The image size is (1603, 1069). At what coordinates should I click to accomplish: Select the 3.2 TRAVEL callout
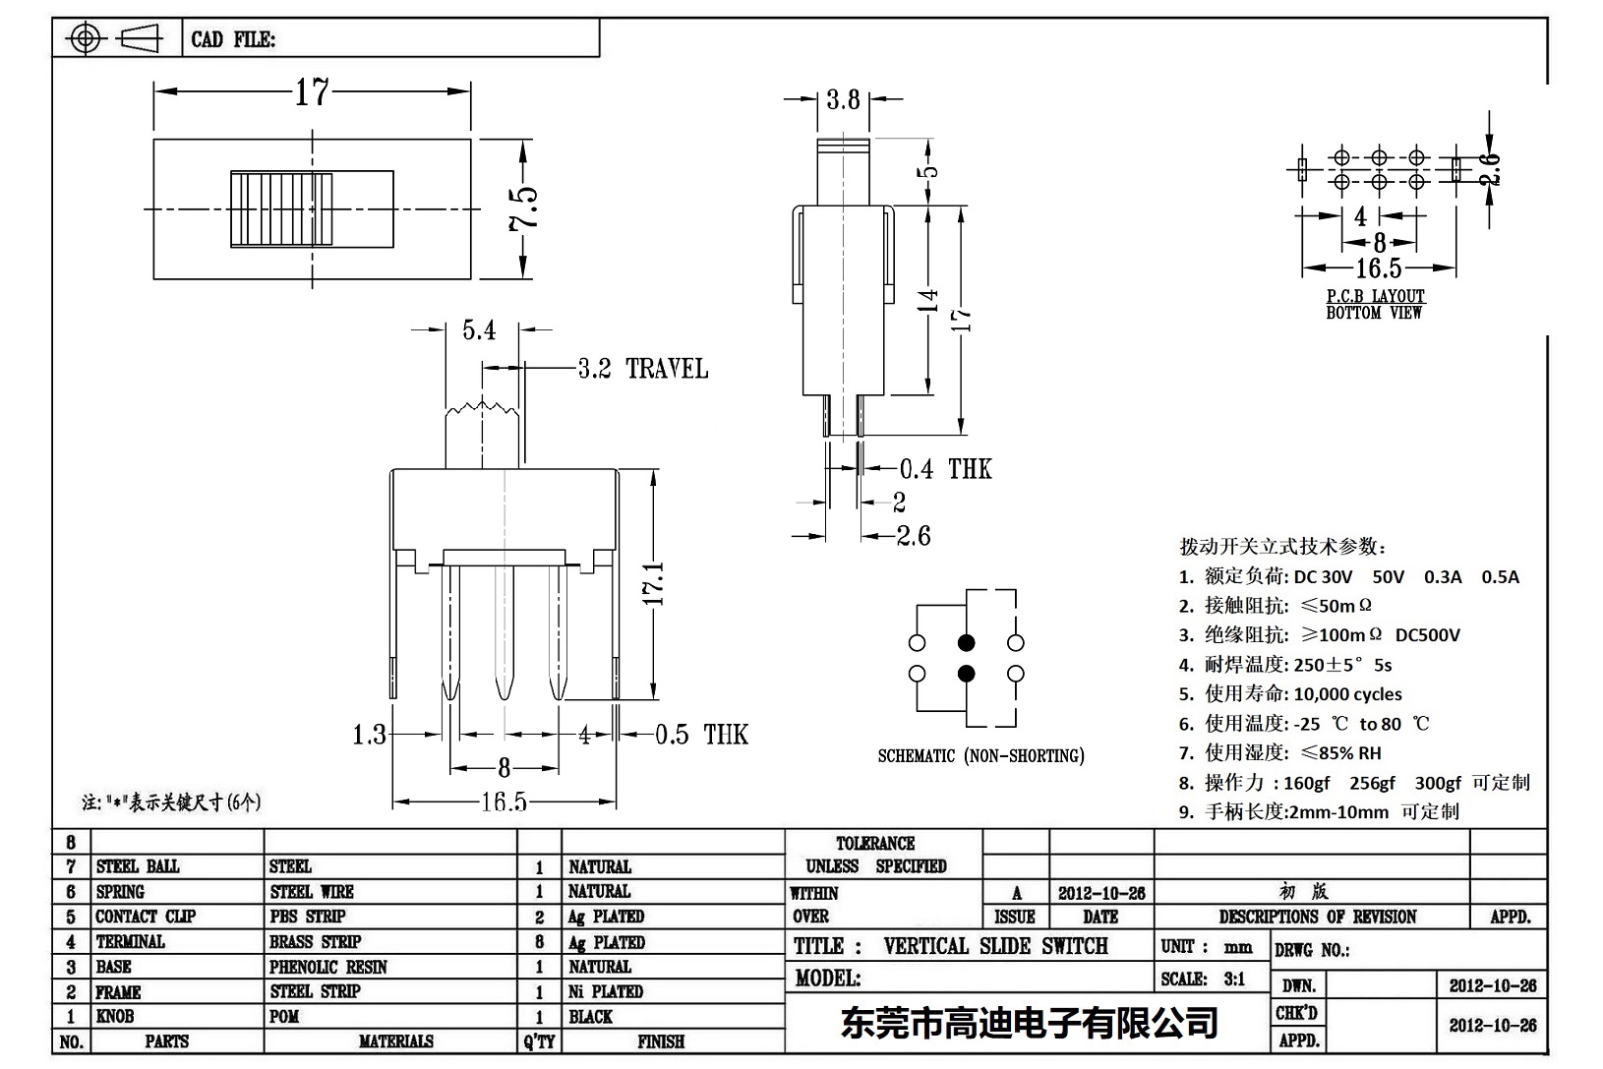[642, 369]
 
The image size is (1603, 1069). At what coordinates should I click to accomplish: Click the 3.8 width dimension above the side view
[843, 99]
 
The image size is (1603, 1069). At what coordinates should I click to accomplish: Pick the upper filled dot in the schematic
[967, 643]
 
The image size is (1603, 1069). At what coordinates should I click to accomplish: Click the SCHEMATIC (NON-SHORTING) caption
[980, 755]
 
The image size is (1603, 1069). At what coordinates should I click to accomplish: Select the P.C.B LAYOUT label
[1375, 296]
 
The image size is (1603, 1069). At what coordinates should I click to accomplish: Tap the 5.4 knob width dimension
[479, 330]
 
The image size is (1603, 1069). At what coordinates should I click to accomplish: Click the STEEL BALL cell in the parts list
[138, 866]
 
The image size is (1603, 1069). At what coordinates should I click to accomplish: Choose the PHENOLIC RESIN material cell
[328, 967]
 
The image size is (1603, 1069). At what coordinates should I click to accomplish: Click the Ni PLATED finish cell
[606, 991]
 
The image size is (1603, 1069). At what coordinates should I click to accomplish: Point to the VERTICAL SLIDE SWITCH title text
[995, 946]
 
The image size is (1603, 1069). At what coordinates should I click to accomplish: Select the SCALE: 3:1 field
[1203, 979]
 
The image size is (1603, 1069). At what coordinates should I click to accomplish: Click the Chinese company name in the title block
[1029, 1023]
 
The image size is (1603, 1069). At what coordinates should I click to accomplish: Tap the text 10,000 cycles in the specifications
[1347, 694]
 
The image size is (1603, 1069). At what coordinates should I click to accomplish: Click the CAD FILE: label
[233, 40]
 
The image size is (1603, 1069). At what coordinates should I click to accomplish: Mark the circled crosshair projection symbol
[86, 39]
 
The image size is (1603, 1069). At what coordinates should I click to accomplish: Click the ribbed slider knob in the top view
[281, 209]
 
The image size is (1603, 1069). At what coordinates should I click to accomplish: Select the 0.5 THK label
[701, 735]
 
